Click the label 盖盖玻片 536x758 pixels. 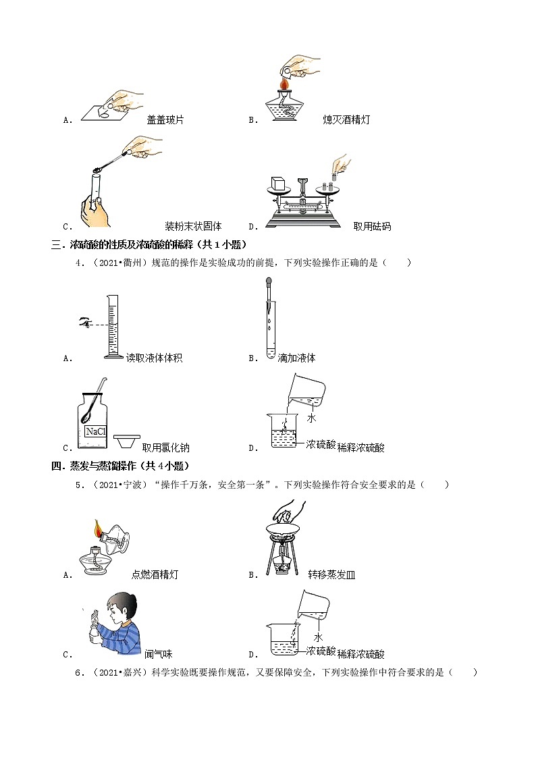165,119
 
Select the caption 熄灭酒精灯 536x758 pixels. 346,119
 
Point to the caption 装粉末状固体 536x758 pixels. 193,226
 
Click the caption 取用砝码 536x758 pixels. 372,226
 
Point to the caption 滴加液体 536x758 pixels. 296,358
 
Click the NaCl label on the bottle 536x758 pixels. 92,431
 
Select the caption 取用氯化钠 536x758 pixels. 165,447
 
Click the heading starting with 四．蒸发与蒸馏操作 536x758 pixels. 121,466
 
